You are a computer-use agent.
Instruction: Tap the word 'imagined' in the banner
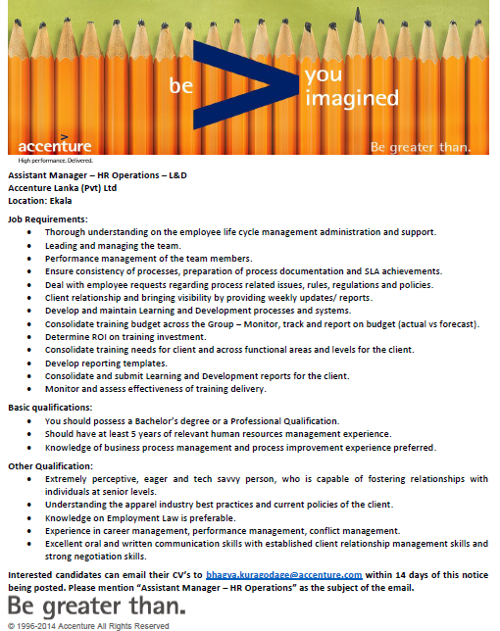coord(352,98)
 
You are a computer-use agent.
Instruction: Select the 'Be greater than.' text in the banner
coord(421,147)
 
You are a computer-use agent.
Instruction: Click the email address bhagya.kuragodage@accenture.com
coord(283,574)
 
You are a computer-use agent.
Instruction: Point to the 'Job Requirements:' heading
coord(48,219)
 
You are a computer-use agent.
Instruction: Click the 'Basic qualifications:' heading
coord(50,407)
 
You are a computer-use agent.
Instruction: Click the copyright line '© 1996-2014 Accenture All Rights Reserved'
coord(88,625)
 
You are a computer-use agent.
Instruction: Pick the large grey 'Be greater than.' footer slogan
coord(95,606)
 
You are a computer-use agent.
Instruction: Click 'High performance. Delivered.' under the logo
coord(54,159)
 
